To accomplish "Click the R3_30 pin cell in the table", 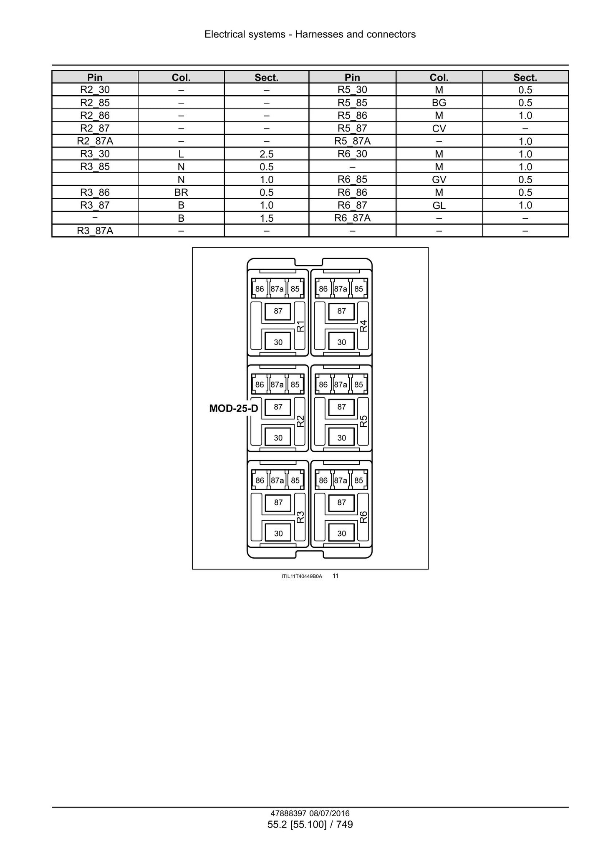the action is tap(95, 154).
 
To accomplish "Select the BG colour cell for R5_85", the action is tap(439, 102).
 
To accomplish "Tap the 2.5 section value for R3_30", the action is tap(267, 154).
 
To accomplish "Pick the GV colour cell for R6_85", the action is tap(439, 180).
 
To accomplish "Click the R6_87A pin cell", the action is tap(352, 218).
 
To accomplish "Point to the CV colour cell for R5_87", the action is tap(439, 128).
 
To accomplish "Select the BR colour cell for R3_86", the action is tap(181, 192).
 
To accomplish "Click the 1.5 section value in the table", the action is tap(267, 218).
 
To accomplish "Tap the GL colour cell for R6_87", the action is tap(439, 205).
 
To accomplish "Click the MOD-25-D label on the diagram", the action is tap(234, 408).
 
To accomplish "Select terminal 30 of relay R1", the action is tap(278, 342).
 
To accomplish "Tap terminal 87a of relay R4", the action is tap(341, 289).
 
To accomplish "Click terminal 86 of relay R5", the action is tap(323, 384).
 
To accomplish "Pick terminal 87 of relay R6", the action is tap(342, 503).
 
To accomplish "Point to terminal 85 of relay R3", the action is tap(295, 480).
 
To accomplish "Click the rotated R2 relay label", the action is tap(300, 421).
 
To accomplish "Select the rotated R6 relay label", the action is tap(363, 517).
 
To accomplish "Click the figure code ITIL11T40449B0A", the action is tap(302, 576).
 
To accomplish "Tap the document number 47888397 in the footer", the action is tap(289, 813).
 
